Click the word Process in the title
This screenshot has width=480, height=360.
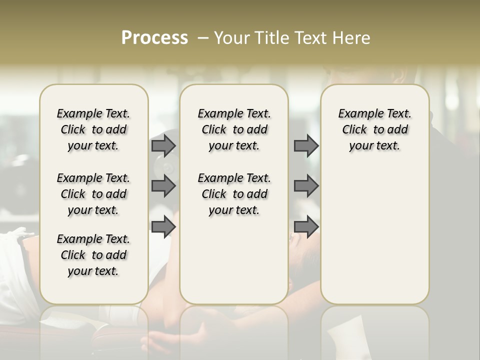pyautogui.click(x=154, y=38)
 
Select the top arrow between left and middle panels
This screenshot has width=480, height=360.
pyautogui.click(x=163, y=145)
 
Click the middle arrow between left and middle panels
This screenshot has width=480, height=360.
pyautogui.click(x=163, y=186)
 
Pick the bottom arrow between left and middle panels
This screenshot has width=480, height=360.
pyautogui.click(x=163, y=227)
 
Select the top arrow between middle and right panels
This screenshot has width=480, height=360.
pyautogui.click(x=306, y=145)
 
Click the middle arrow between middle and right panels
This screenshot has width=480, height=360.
pyautogui.click(x=306, y=186)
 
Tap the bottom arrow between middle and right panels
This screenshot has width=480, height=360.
pyautogui.click(x=306, y=227)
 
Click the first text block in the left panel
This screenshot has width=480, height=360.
pyautogui.click(x=93, y=129)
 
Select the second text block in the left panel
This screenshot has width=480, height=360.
pyautogui.click(x=93, y=194)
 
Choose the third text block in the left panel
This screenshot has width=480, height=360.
pyautogui.click(x=93, y=255)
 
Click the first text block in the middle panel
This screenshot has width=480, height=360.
pyautogui.click(x=234, y=129)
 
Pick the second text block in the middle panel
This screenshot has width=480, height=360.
pyautogui.click(x=234, y=194)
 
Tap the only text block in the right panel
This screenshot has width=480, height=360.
pyautogui.click(x=374, y=129)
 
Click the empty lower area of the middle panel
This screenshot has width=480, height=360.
pyautogui.click(x=234, y=260)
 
